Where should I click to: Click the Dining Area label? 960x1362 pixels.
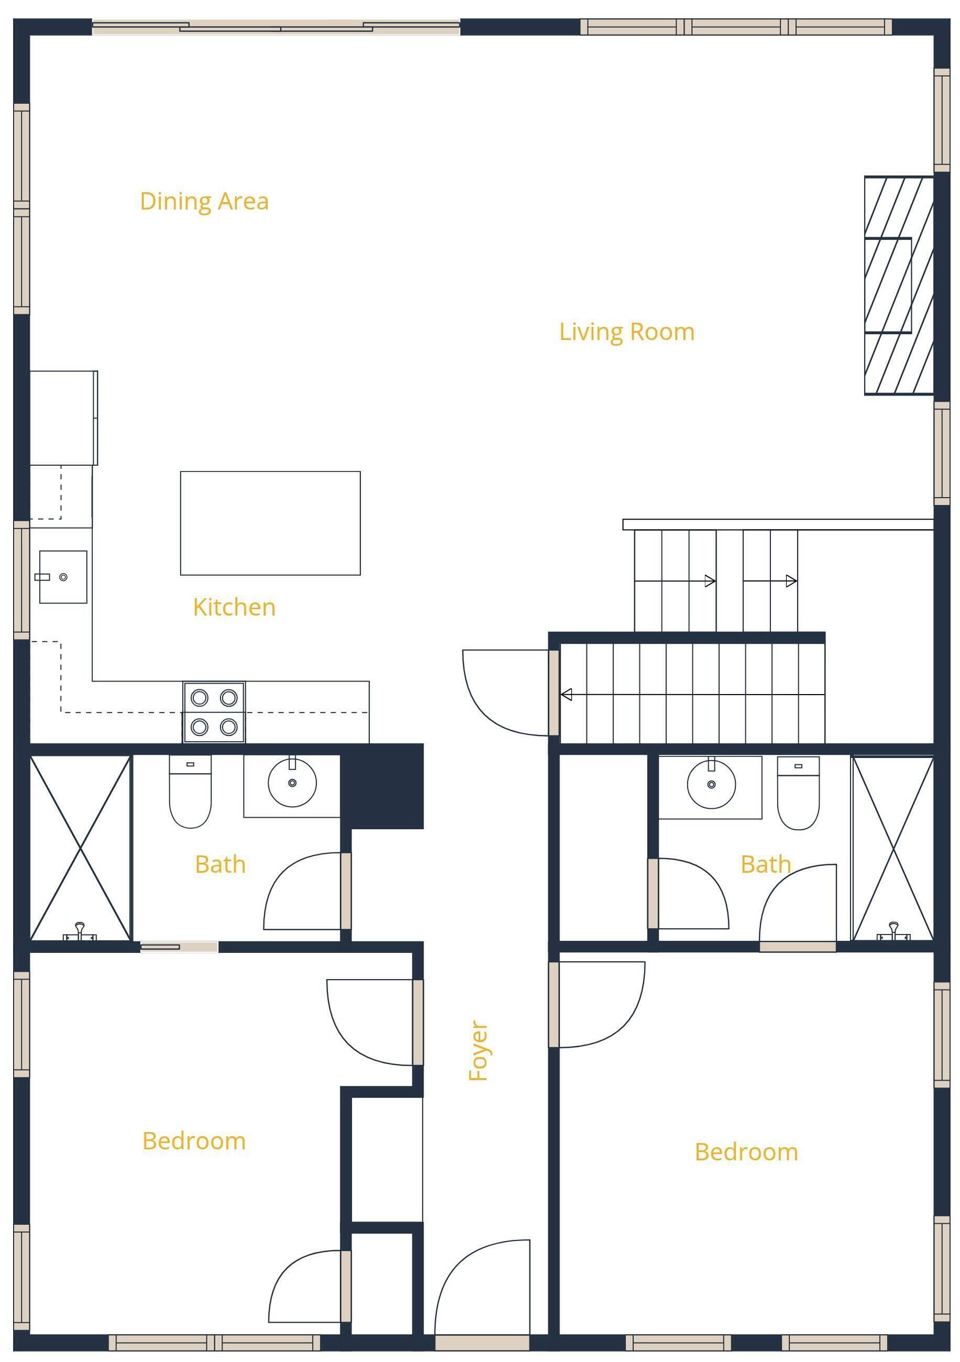204,202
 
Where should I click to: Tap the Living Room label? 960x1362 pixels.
627,332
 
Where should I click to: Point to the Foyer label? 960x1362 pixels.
478,1050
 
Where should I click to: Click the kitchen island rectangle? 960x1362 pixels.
270,523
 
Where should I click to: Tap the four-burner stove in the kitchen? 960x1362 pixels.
214,712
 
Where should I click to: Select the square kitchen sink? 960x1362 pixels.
63,577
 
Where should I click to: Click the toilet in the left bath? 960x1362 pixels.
190,792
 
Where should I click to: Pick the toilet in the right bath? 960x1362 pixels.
798,793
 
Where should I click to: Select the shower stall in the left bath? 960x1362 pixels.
80,848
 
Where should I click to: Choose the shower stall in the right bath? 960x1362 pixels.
893,848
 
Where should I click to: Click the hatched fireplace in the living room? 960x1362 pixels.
898,285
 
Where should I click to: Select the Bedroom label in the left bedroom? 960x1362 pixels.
194,1141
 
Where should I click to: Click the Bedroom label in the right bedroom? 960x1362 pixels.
746,1152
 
